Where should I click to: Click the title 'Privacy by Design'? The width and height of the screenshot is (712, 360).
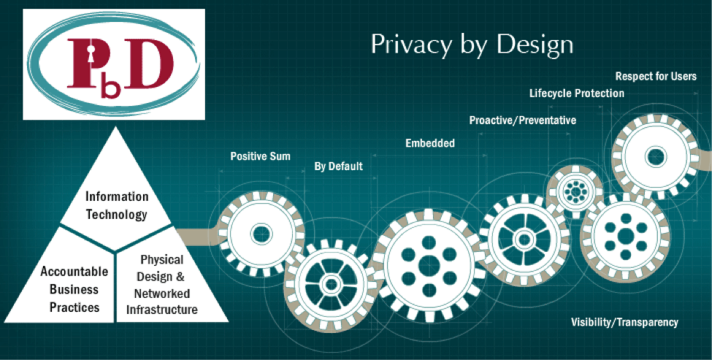472,44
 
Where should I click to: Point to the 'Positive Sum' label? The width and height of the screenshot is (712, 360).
260,156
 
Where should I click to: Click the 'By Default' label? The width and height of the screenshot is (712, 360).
338,166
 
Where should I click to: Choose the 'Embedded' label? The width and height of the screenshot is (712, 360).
430,143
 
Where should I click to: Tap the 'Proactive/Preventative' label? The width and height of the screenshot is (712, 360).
522,120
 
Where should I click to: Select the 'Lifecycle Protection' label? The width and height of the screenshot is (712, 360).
577,93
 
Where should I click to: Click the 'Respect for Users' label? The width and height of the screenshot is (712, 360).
656,76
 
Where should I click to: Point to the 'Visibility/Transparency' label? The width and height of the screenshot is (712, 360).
624,322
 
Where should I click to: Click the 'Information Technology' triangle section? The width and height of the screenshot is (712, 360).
117,205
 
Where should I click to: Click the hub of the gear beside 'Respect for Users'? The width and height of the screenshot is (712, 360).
655,156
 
